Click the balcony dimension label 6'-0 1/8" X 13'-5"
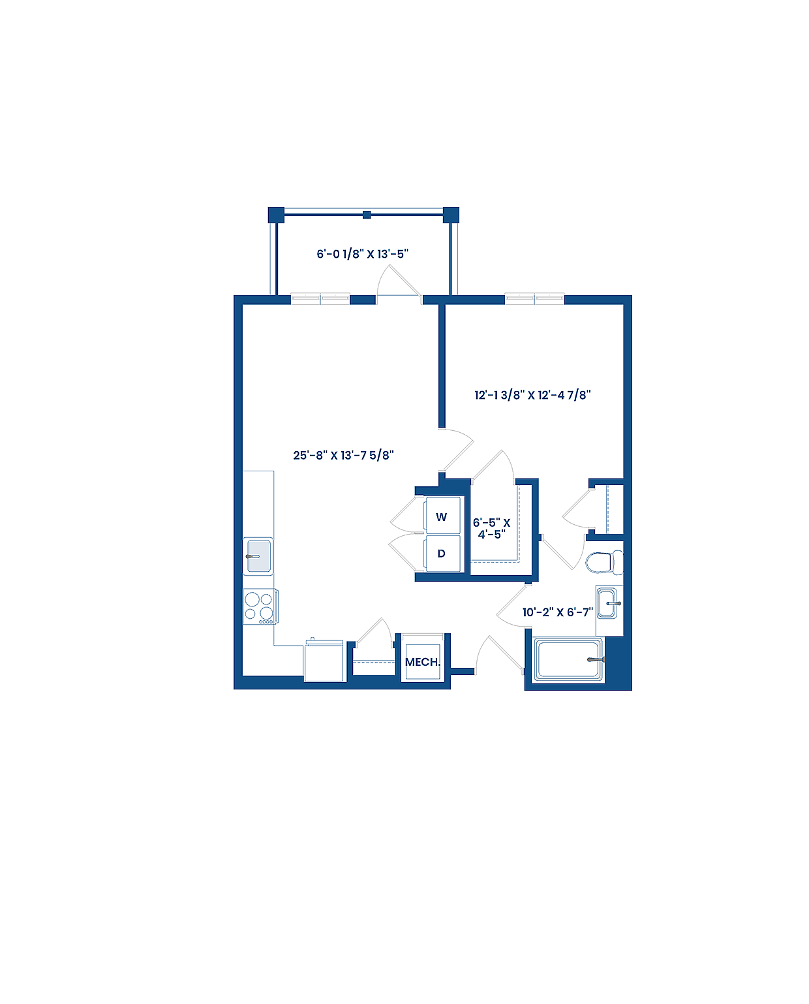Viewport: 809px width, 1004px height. point(363,254)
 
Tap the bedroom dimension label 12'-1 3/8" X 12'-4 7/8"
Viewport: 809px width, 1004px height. point(532,395)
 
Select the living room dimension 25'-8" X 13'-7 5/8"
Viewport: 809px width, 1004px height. point(343,455)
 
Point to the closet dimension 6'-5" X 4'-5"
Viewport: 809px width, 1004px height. point(491,528)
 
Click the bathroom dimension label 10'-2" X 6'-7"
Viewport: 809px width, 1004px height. point(558,612)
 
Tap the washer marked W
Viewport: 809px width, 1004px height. point(442,517)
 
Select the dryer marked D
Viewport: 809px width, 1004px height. point(442,554)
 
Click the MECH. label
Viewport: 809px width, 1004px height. point(422,662)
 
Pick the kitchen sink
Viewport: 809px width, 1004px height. point(258,556)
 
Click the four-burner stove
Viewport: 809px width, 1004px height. point(260,606)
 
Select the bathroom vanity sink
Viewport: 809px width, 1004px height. point(609,603)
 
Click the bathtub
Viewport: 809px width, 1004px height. point(568,660)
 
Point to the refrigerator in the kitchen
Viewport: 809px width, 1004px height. point(324,661)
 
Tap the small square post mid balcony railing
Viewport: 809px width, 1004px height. point(367,214)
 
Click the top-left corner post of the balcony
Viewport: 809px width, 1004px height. point(276,215)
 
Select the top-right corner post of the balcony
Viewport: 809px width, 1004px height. point(451,215)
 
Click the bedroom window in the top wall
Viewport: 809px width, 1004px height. point(534,299)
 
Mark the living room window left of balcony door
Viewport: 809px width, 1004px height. point(320,299)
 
